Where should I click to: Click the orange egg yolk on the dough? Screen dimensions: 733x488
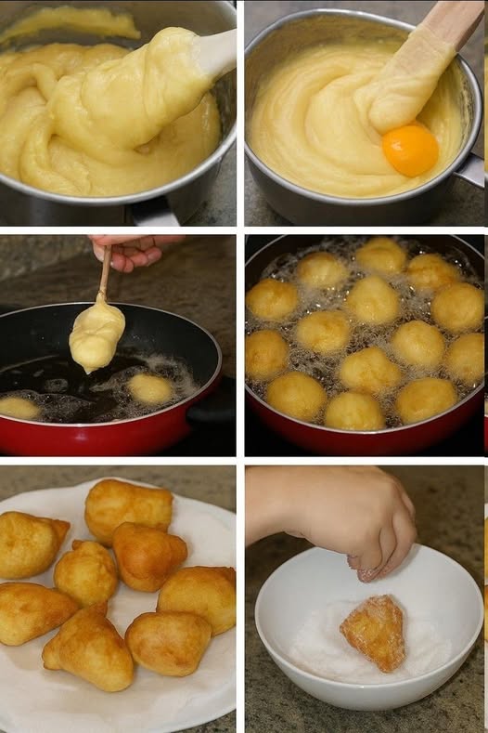coord(410,150)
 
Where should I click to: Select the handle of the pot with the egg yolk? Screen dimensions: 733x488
coord(471,169)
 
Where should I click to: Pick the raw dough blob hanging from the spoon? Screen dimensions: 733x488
coord(96,336)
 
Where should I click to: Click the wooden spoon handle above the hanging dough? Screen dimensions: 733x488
coord(106,273)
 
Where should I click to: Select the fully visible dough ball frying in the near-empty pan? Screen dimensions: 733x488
coord(150,388)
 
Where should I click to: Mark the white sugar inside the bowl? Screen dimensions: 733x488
coord(315,650)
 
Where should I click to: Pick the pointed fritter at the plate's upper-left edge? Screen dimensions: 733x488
coord(32,544)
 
